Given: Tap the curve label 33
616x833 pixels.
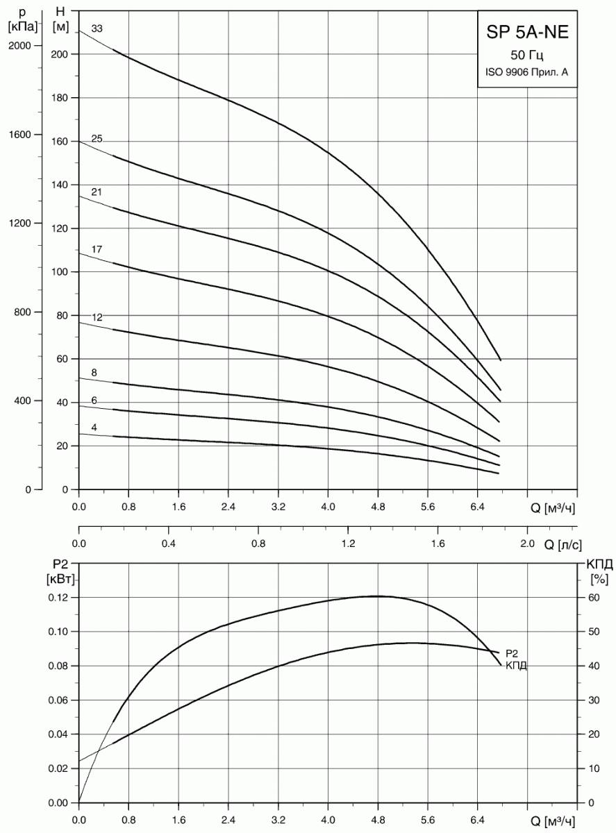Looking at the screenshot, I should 97,29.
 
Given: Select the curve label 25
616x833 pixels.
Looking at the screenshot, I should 97,139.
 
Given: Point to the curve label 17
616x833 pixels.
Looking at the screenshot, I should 97,249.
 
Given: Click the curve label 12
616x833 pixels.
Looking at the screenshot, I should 97,317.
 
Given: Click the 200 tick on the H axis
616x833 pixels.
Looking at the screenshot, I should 61,54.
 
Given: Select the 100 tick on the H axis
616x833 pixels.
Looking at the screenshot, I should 61,272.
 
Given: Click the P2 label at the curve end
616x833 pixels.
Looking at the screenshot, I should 513,653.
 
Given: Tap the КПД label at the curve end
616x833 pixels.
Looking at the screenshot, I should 517,666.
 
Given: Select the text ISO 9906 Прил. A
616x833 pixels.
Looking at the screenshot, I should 527,71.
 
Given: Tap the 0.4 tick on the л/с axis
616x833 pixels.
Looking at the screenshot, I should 169,544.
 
